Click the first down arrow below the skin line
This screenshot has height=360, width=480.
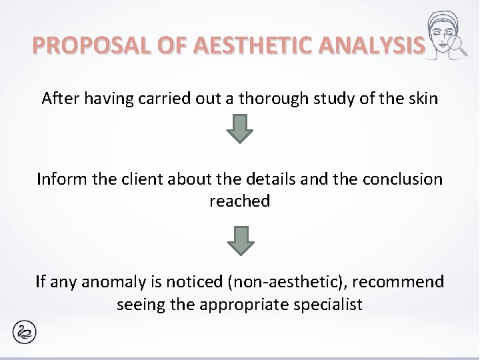point(240,128)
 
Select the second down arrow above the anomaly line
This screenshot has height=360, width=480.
point(240,240)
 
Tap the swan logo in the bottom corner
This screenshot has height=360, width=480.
point(25,332)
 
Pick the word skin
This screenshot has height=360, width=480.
point(423,99)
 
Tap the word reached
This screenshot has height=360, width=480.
point(239,201)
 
